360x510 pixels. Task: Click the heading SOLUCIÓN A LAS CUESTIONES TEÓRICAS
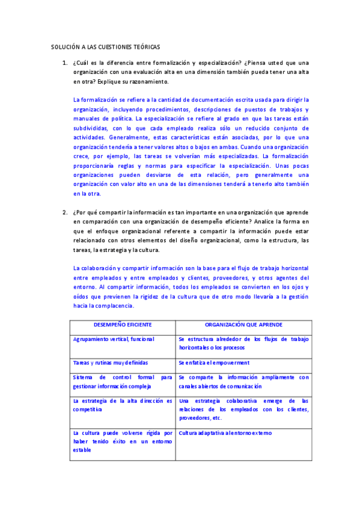coord(105,46)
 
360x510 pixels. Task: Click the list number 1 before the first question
coord(64,63)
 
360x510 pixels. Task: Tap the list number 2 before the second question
coord(64,212)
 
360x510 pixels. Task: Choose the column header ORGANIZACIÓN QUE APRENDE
coord(243,325)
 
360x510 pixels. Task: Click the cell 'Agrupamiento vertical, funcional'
coord(113,339)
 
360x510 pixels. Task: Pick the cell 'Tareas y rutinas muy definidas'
coord(110,363)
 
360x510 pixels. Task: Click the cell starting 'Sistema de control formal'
coord(122,382)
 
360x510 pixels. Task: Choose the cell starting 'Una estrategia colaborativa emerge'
coord(243,409)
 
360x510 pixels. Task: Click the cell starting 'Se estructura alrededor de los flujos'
coord(243,343)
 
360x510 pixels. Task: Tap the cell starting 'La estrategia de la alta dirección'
coord(122,405)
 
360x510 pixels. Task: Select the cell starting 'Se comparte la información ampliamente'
coord(243,382)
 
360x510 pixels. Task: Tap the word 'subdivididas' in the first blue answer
coord(91,128)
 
